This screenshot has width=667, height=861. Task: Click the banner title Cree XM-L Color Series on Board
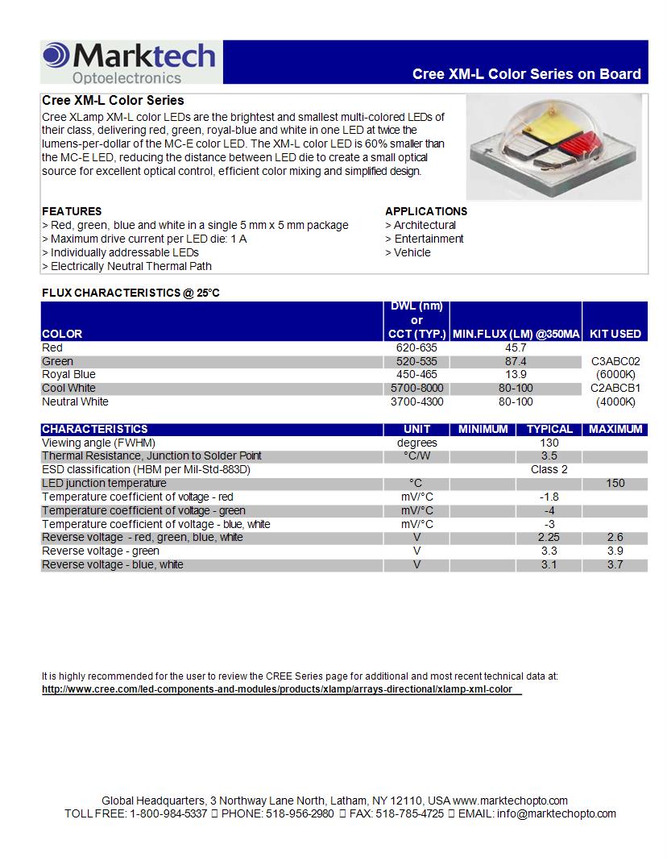click(x=526, y=74)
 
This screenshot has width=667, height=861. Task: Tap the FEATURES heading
click(x=72, y=211)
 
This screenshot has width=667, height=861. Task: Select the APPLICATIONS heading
click(x=426, y=211)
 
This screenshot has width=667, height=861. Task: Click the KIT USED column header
click(x=615, y=334)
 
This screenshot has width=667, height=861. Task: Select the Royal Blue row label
click(x=68, y=374)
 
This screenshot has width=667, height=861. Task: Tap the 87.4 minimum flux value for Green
click(x=516, y=361)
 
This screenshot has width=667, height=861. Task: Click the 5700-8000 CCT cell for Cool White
click(x=416, y=388)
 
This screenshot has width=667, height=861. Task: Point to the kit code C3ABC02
click(x=615, y=361)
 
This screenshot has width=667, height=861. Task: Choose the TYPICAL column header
click(x=549, y=429)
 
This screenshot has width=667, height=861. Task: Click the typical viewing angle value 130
click(x=549, y=443)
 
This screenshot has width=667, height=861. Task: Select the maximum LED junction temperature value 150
click(x=615, y=483)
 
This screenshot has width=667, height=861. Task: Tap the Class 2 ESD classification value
click(x=549, y=469)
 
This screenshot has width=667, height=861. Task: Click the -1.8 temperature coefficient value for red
click(x=549, y=497)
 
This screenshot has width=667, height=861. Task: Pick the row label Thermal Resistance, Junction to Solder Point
click(x=151, y=455)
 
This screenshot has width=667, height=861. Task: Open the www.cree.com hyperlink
click(x=280, y=690)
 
